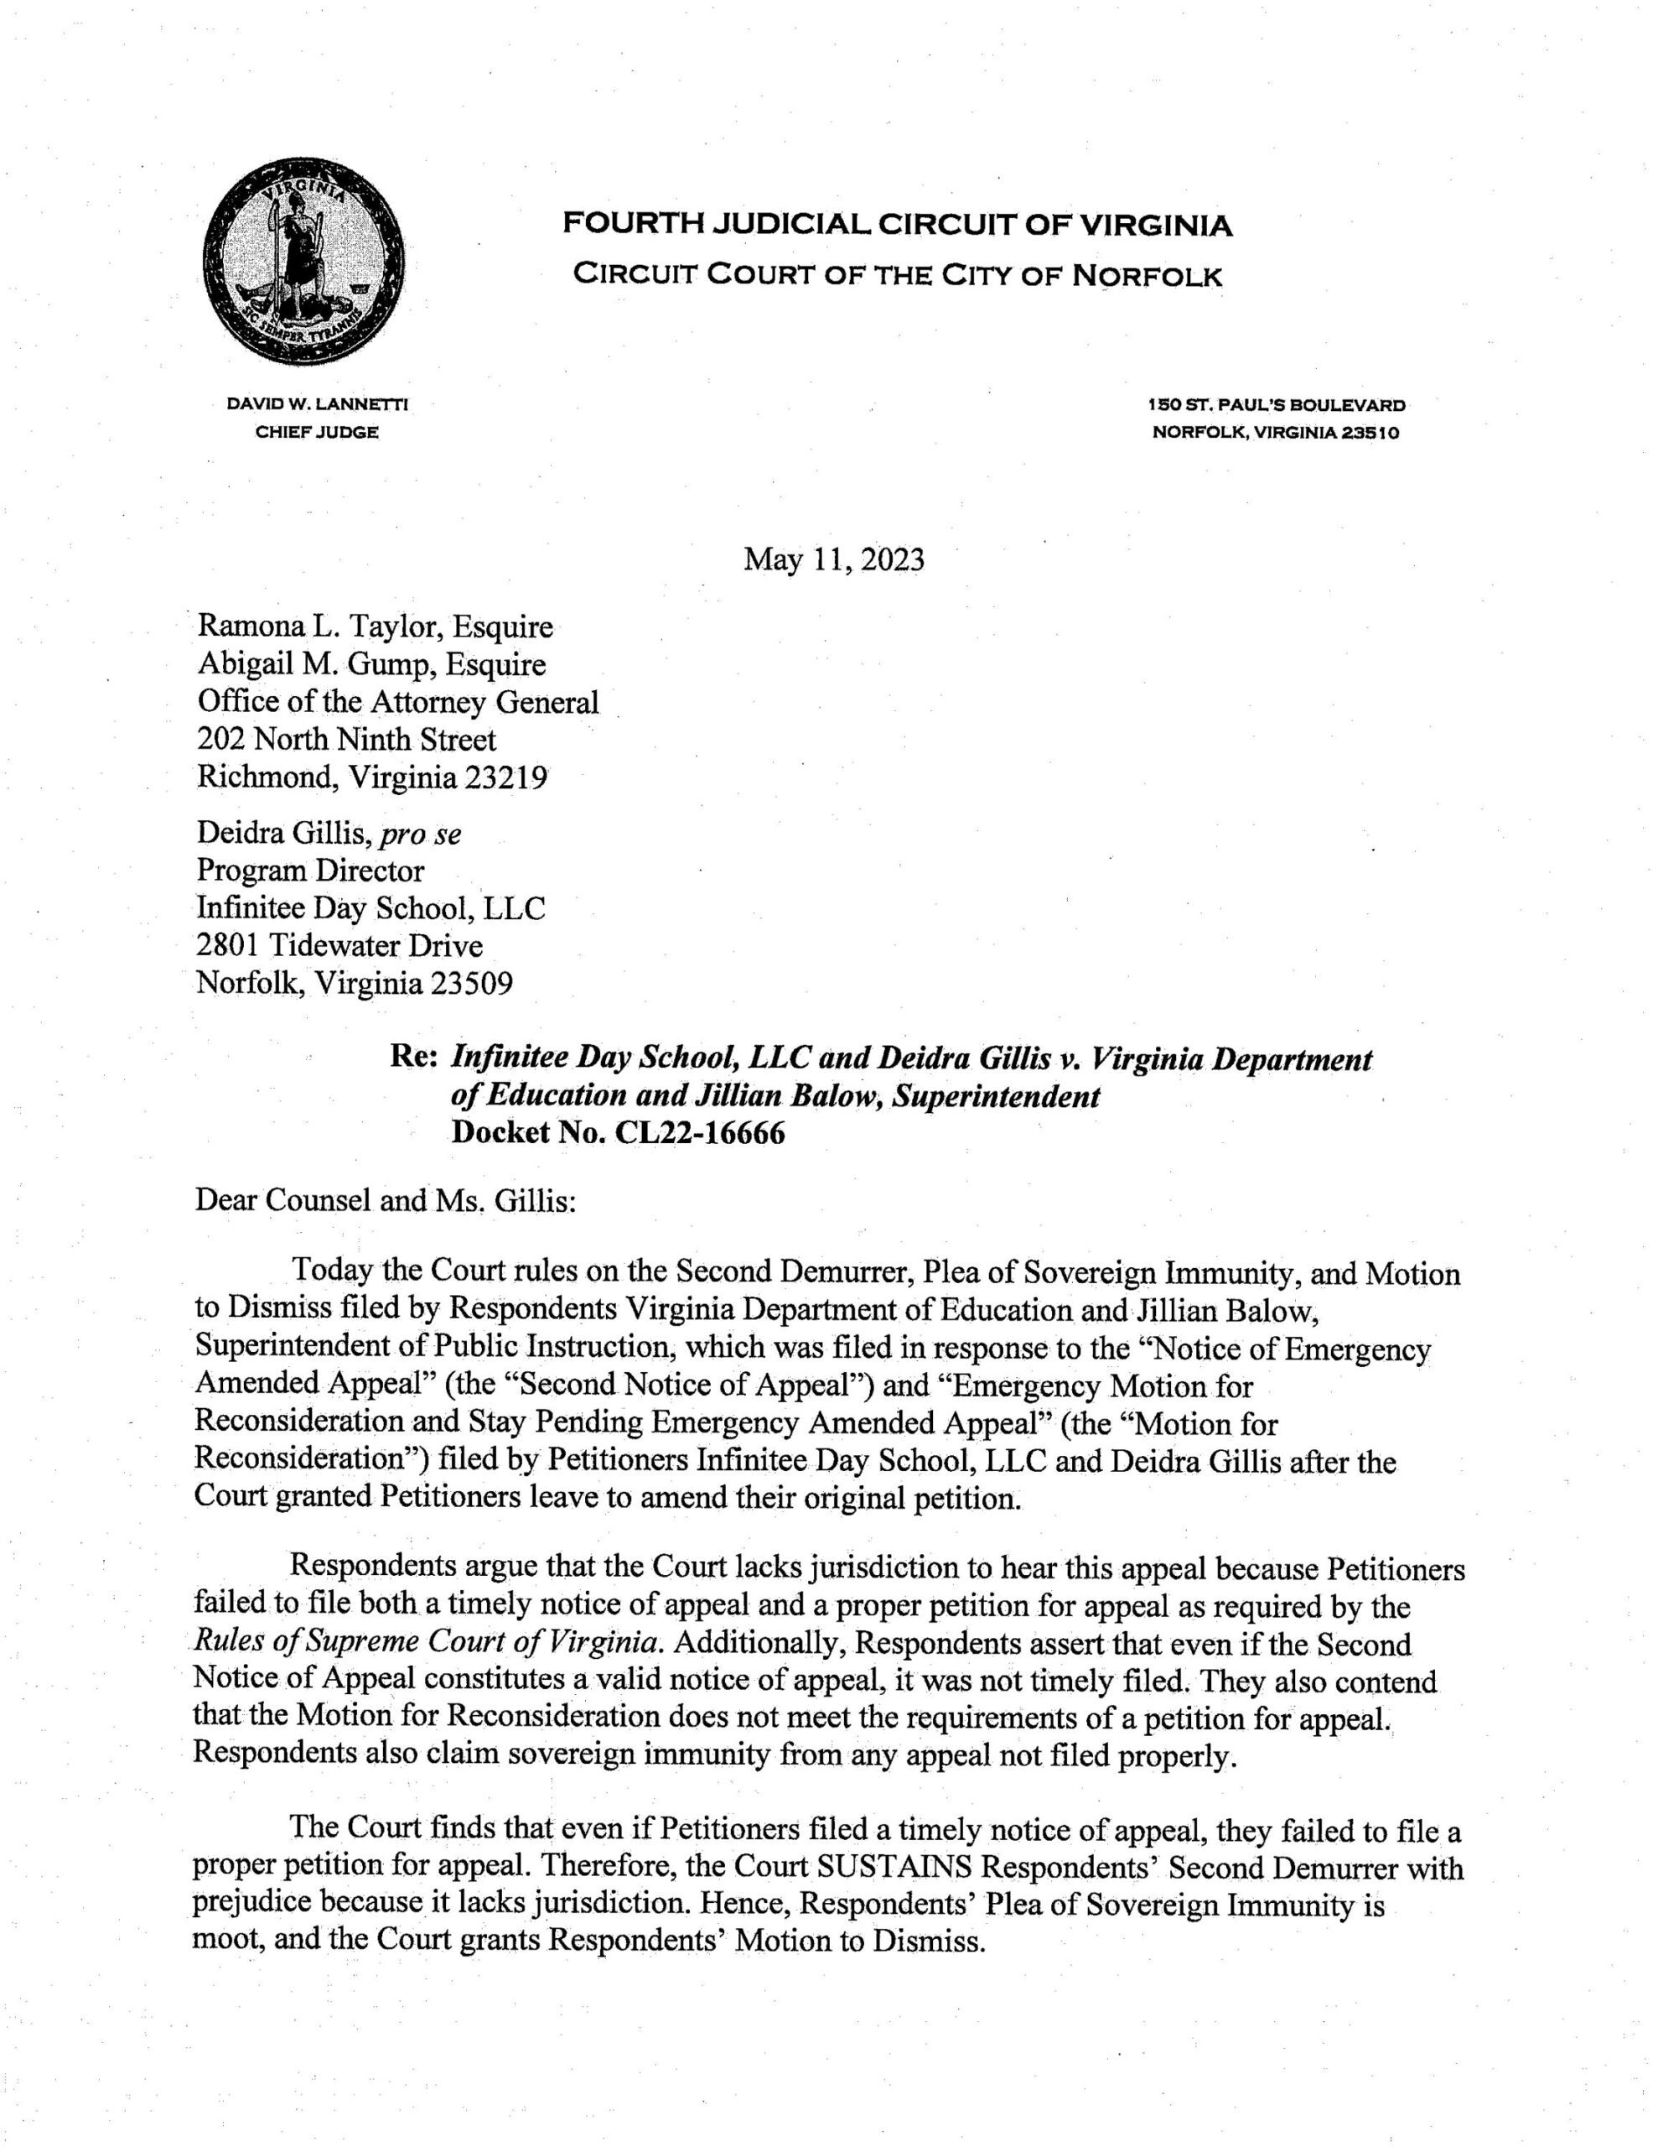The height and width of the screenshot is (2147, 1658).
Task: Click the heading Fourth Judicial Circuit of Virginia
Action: click(896, 226)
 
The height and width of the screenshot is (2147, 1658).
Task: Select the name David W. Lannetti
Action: click(317, 404)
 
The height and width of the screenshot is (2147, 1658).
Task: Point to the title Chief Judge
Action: click(317, 433)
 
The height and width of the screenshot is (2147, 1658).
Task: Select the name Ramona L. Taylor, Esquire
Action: click(375, 626)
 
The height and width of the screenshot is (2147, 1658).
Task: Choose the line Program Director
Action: click(311, 871)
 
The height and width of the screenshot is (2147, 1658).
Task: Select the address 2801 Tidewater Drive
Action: click(340, 946)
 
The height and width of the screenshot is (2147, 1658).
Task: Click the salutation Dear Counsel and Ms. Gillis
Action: click(386, 1201)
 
